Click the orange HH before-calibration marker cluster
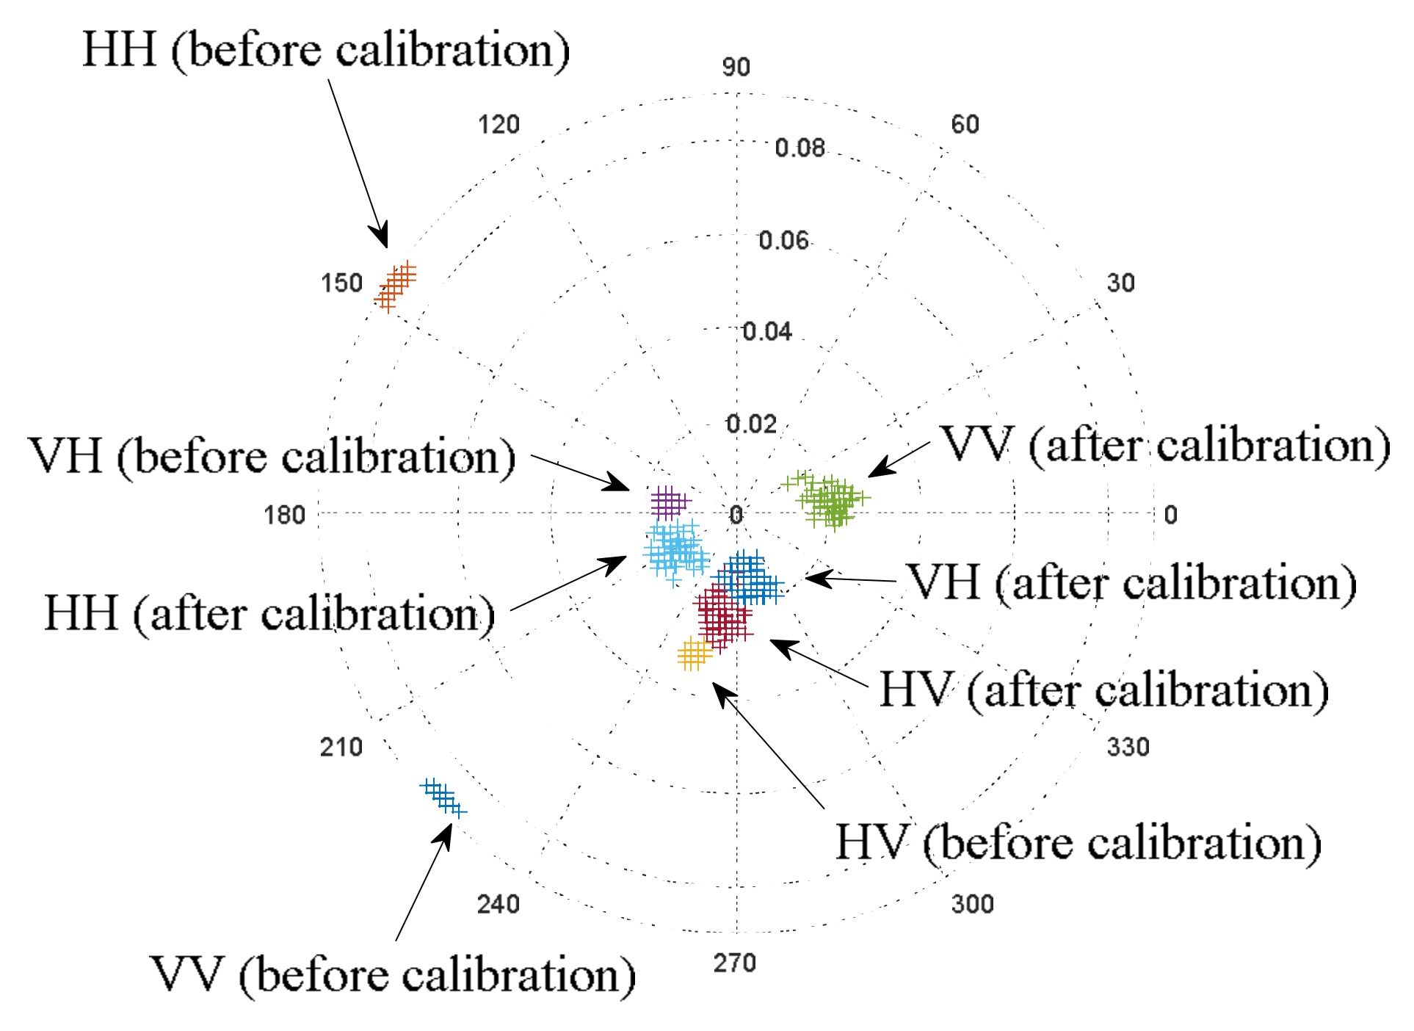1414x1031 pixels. [x=396, y=286]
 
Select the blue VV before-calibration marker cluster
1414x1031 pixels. [x=443, y=797]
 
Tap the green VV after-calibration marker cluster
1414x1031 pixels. [x=830, y=500]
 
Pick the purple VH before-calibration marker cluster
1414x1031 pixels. [x=669, y=503]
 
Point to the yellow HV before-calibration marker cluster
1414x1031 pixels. [x=694, y=654]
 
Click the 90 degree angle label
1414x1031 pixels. [x=736, y=68]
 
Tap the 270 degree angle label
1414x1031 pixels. [x=734, y=963]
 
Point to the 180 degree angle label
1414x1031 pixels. [x=284, y=515]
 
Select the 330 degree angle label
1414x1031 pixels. [x=1128, y=748]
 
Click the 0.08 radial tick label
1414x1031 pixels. [x=800, y=148]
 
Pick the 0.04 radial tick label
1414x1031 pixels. [x=767, y=332]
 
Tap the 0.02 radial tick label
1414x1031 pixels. [x=750, y=424]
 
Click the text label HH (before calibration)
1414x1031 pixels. [x=325, y=50]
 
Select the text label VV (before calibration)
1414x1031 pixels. [x=392, y=976]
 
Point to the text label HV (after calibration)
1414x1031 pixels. [x=1103, y=690]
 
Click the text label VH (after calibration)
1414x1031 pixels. [x=1132, y=583]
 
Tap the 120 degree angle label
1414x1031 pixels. [x=498, y=125]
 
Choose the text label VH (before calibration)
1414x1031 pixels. [x=272, y=457]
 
